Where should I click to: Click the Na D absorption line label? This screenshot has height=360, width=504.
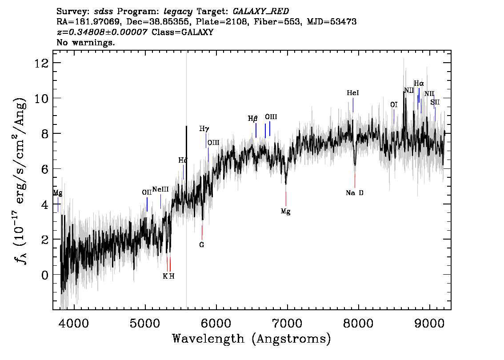coord(355,193)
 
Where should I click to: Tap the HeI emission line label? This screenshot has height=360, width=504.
coord(352,93)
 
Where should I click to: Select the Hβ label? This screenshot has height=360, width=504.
coord(252,119)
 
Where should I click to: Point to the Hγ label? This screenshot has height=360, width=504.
coord(204,129)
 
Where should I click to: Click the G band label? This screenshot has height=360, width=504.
coord(201,244)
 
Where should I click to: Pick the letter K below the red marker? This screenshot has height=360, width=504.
coord(165,276)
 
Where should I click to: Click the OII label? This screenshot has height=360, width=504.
coord(147,192)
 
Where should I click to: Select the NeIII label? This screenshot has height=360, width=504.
coord(160,189)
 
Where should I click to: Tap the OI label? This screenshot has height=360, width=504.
coord(394,104)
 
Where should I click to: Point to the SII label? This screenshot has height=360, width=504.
coord(435,102)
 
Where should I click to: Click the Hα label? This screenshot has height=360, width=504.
coord(419,84)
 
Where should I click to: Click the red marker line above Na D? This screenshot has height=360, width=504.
coord(355,180)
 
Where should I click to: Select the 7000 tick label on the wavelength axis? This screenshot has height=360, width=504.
coord(287,323)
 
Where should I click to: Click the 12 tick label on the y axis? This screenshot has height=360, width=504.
coord(41,63)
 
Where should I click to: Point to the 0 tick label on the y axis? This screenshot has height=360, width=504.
coord(45,275)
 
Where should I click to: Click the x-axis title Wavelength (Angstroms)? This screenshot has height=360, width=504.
coord(252,339)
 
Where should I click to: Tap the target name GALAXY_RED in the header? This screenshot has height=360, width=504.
coord(261,11)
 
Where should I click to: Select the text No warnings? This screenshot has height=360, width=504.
coord(85,42)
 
